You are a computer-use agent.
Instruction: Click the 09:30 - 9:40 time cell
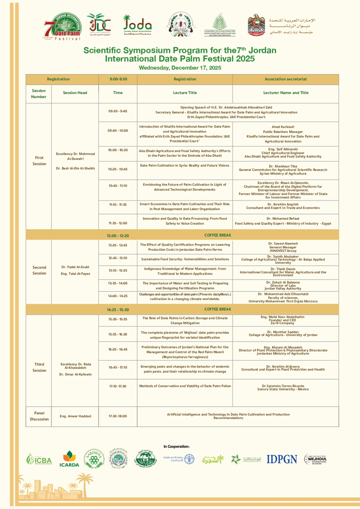[118, 111]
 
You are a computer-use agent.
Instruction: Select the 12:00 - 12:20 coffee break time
[118, 236]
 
